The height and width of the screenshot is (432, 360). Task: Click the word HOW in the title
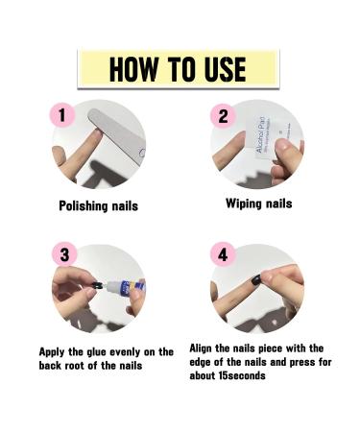point(132,69)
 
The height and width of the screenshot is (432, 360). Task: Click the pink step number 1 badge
point(62,114)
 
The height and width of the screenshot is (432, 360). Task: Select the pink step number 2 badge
point(223,115)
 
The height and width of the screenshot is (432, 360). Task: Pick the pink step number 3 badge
point(64,255)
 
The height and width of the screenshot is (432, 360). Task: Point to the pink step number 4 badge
point(223,255)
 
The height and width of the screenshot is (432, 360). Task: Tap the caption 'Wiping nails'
point(258,204)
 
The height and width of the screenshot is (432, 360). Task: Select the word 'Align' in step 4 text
point(207,348)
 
